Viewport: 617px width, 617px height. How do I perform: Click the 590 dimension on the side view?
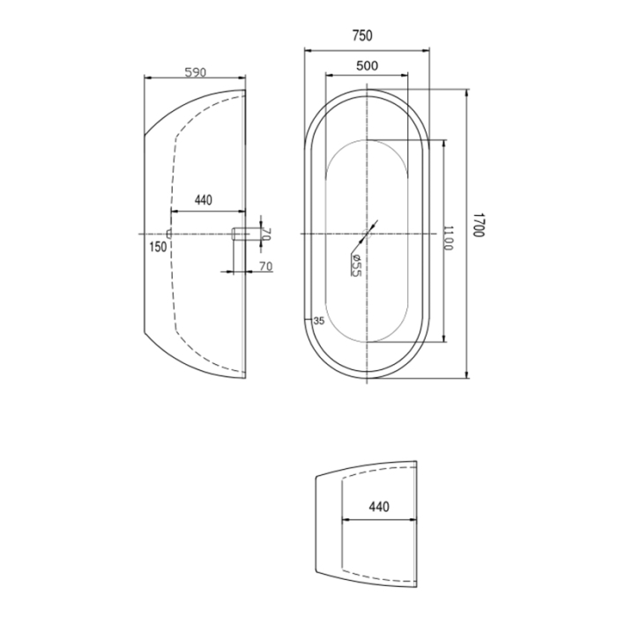tap(196, 71)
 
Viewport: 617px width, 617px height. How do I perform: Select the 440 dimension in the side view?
tap(203, 200)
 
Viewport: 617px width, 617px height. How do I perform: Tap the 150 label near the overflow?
tap(158, 246)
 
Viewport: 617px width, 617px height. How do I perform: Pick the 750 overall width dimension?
tap(362, 36)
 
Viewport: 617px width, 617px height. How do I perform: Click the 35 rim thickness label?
tap(319, 321)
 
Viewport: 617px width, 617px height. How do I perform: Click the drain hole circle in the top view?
tap(368, 233)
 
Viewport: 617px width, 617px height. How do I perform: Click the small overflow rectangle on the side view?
tap(167, 233)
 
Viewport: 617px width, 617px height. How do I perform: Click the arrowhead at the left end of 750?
tap(308, 49)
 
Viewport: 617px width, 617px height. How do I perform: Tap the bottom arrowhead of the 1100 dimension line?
tap(444, 340)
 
